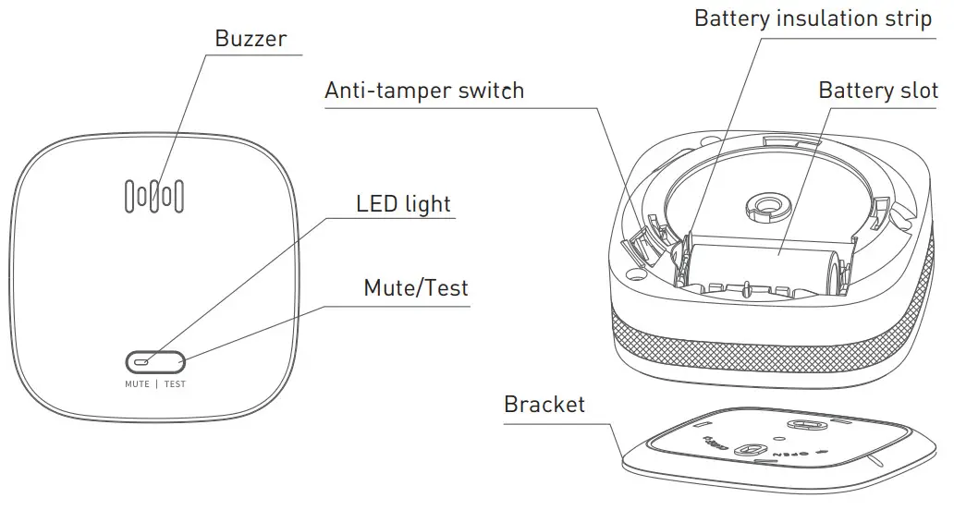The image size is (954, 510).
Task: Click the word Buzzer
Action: pyautogui.click(x=251, y=39)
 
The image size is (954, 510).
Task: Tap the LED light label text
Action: pyautogui.click(x=404, y=203)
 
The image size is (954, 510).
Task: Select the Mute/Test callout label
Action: pyautogui.click(x=415, y=287)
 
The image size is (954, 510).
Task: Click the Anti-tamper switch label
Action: pyautogui.click(x=424, y=91)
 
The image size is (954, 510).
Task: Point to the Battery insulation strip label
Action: pyautogui.click(x=813, y=18)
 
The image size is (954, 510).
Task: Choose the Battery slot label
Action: pyautogui.click(x=878, y=91)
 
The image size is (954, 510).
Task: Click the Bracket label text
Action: pyautogui.click(x=544, y=404)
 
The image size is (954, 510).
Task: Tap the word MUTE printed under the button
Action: pyautogui.click(x=137, y=383)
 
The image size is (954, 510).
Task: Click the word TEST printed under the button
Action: pyautogui.click(x=176, y=383)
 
